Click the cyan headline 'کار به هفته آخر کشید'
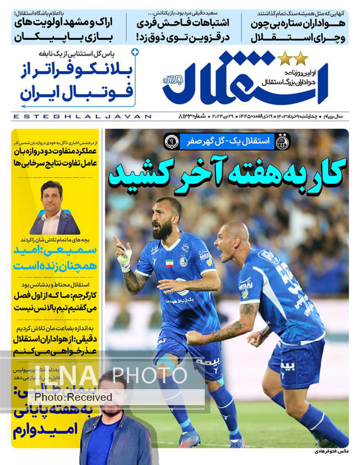[x=228, y=173]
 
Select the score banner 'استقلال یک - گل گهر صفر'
[x=228, y=141]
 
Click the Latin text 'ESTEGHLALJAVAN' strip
[x=81, y=116]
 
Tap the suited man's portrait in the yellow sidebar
[x=54, y=208]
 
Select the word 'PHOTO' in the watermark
[x=150, y=375]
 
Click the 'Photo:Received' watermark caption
[x=73, y=397]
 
